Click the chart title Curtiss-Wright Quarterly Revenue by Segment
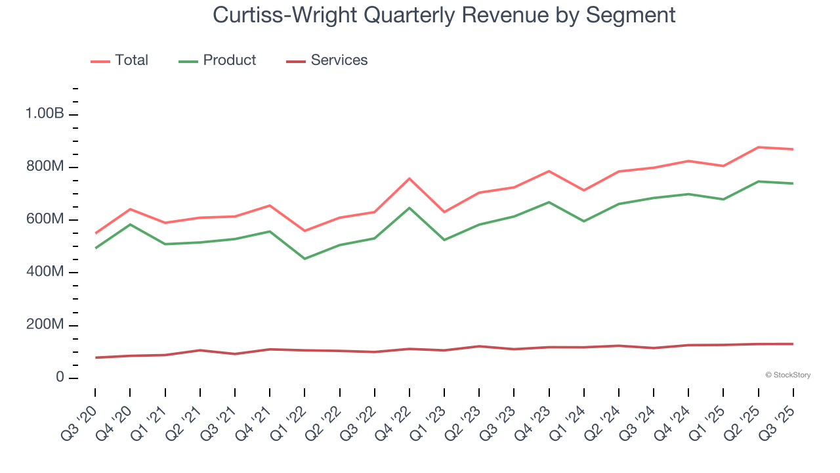(x=444, y=14)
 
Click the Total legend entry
(x=131, y=60)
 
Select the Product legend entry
(x=229, y=60)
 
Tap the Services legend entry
(x=339, y=60)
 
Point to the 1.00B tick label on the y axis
(x=45, y=114)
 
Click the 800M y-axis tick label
(x=44, y=167)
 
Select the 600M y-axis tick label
(x=44, y=219)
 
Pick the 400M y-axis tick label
(x=44, y=273)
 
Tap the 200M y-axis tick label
(x=44, y=325)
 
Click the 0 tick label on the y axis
(x=59, y=378)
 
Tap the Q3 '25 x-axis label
(x=779, y=421)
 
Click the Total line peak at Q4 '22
(x=409, y=178)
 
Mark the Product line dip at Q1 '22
(x=304, y=259)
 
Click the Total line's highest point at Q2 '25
(x=759, y=147)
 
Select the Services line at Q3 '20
(x=95, y=357)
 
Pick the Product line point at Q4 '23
(x=549, y=202)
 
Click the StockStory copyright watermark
(x=787, y=375)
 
